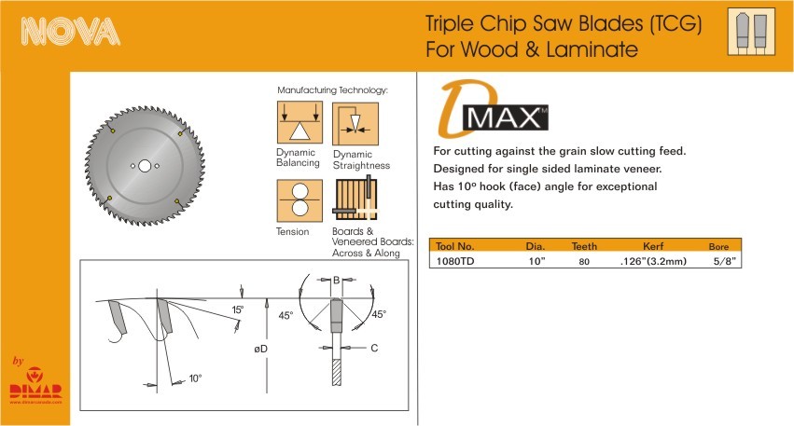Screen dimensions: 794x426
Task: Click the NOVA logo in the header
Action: click(x=70, y=31)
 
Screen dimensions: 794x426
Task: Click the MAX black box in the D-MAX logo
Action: click(x=506, y=117)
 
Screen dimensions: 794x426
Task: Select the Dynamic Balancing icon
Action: click(x=299, y=122)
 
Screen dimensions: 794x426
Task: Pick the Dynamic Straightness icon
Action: click(x=355, y=124)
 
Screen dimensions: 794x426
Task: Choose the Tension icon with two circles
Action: click(x=299, y=200)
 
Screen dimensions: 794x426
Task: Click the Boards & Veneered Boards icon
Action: click(x=355, y=198)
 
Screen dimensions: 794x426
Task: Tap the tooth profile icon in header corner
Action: click(x=751, y=32)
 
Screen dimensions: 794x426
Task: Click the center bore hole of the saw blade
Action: click(x=145, y=166)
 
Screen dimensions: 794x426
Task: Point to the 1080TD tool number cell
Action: click(x=454, y=262)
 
